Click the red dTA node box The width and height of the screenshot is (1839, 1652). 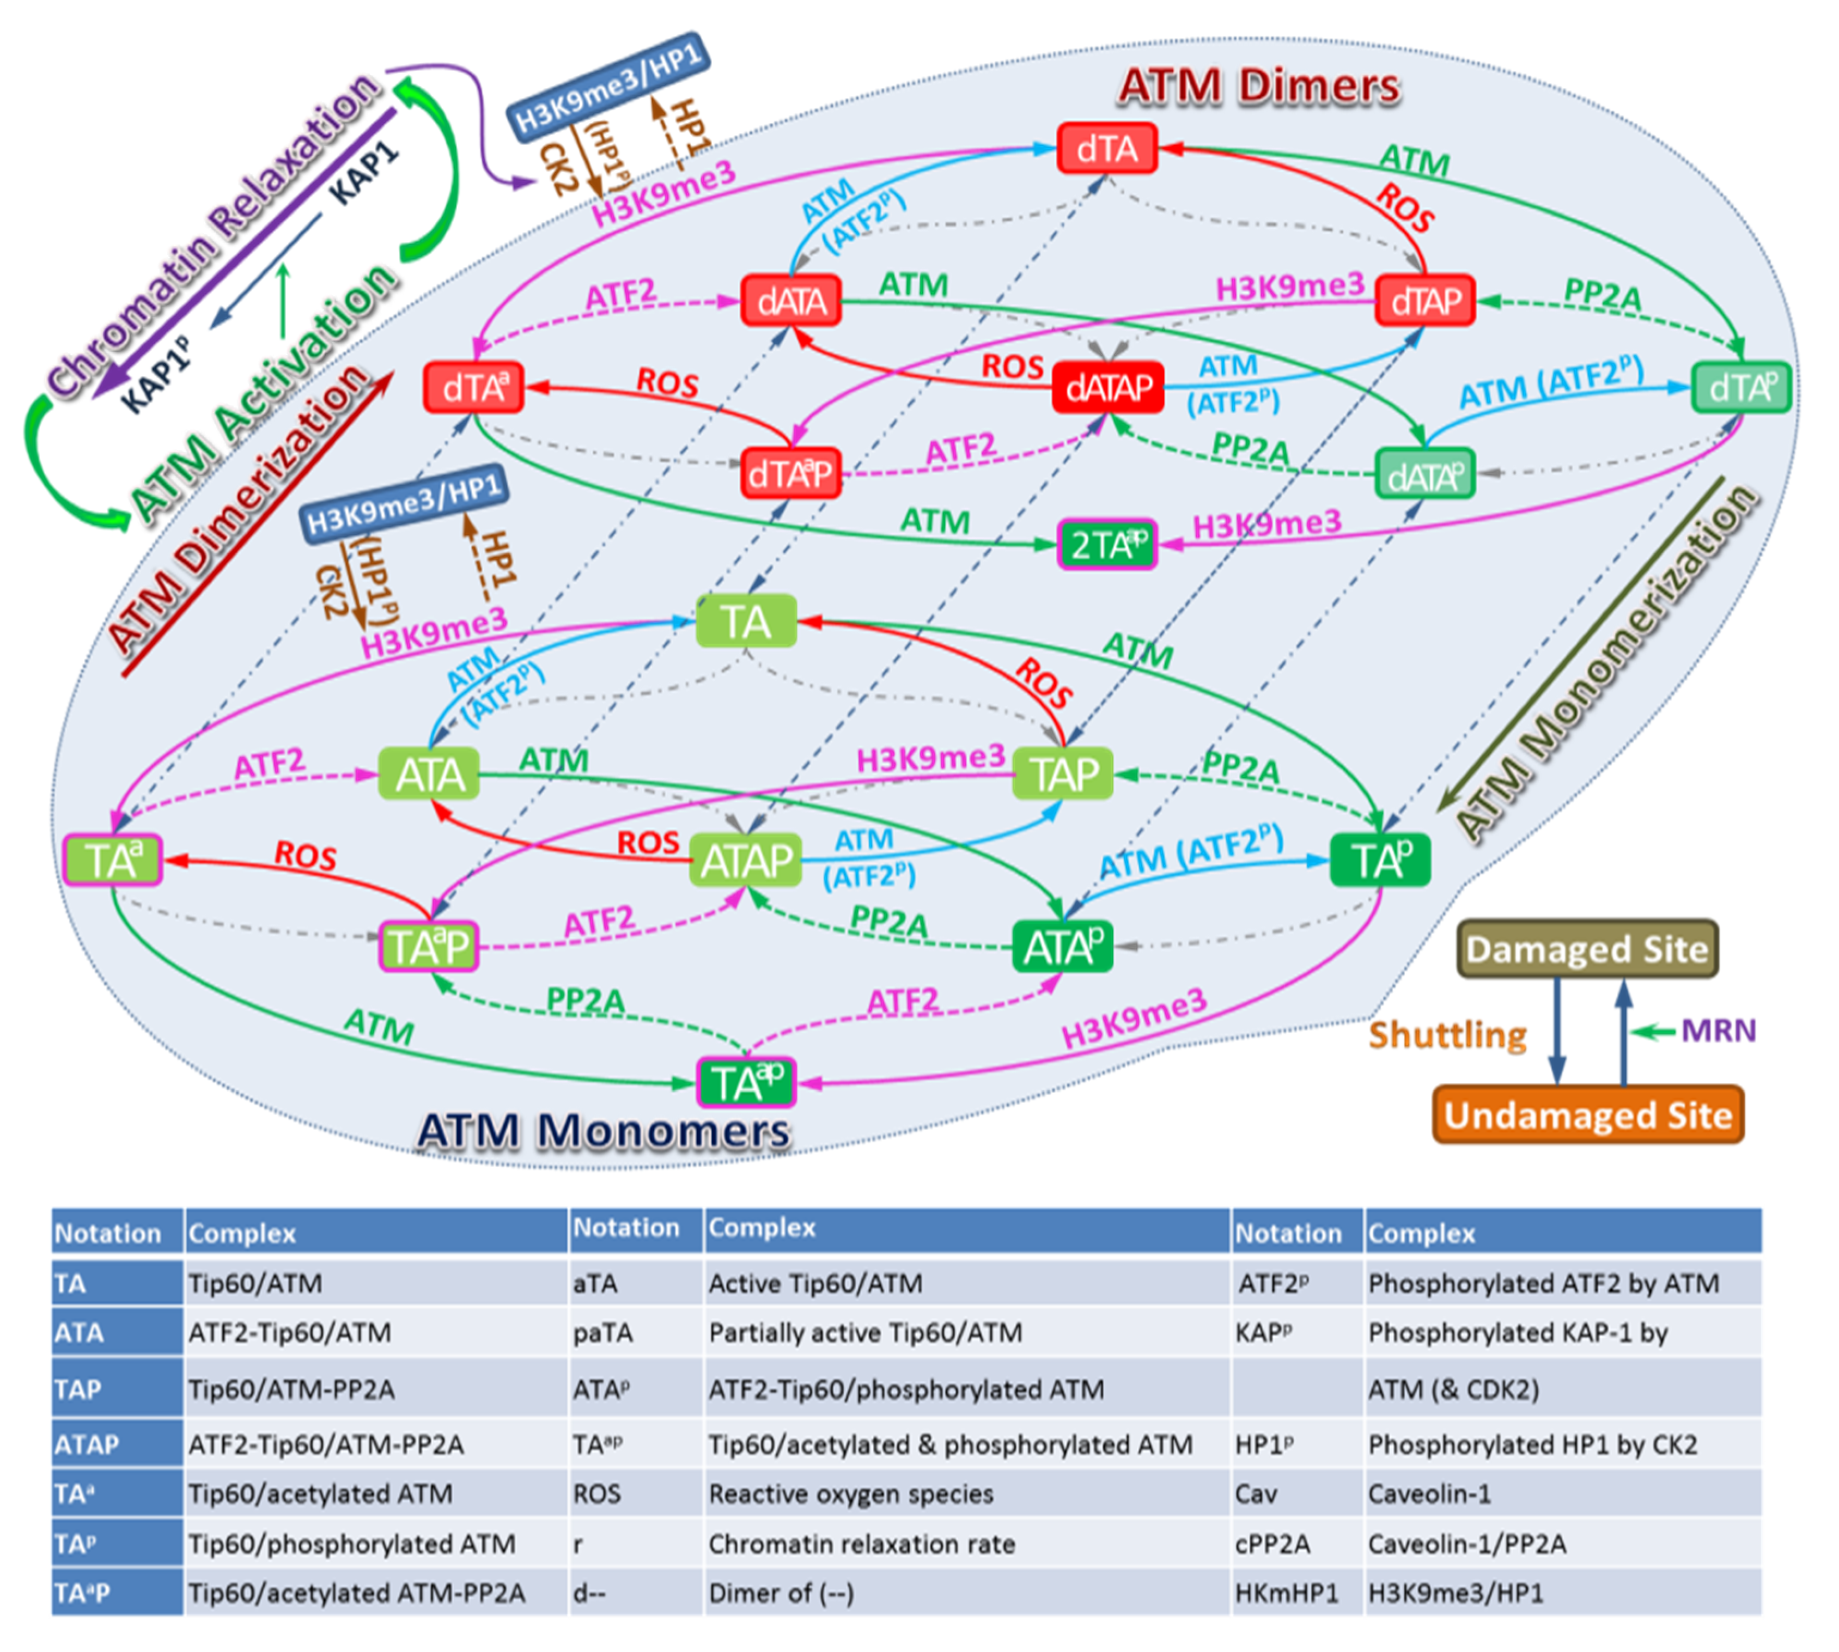click(1106, 149)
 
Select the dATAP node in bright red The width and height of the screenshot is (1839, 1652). click(1107, 388)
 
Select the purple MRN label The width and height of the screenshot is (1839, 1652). click(1718, 1030)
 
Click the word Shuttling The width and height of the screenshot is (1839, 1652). click(1447, 1035)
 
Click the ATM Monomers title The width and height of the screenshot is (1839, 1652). click(604, 1131)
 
